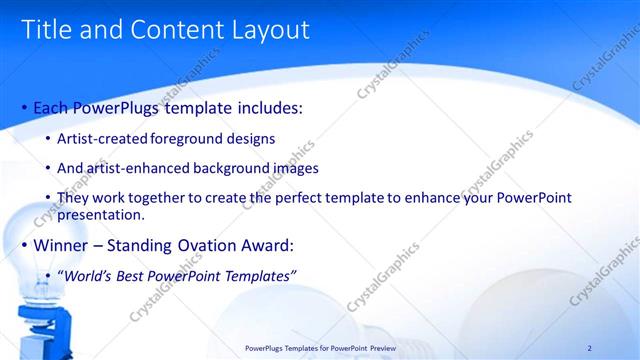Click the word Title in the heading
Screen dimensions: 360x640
click(47, 30)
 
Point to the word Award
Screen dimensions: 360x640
click(265, 245)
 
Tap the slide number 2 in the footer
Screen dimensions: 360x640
click(589, 347)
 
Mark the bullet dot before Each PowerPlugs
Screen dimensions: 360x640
click(24, 107)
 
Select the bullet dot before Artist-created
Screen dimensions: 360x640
click(49, 138)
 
